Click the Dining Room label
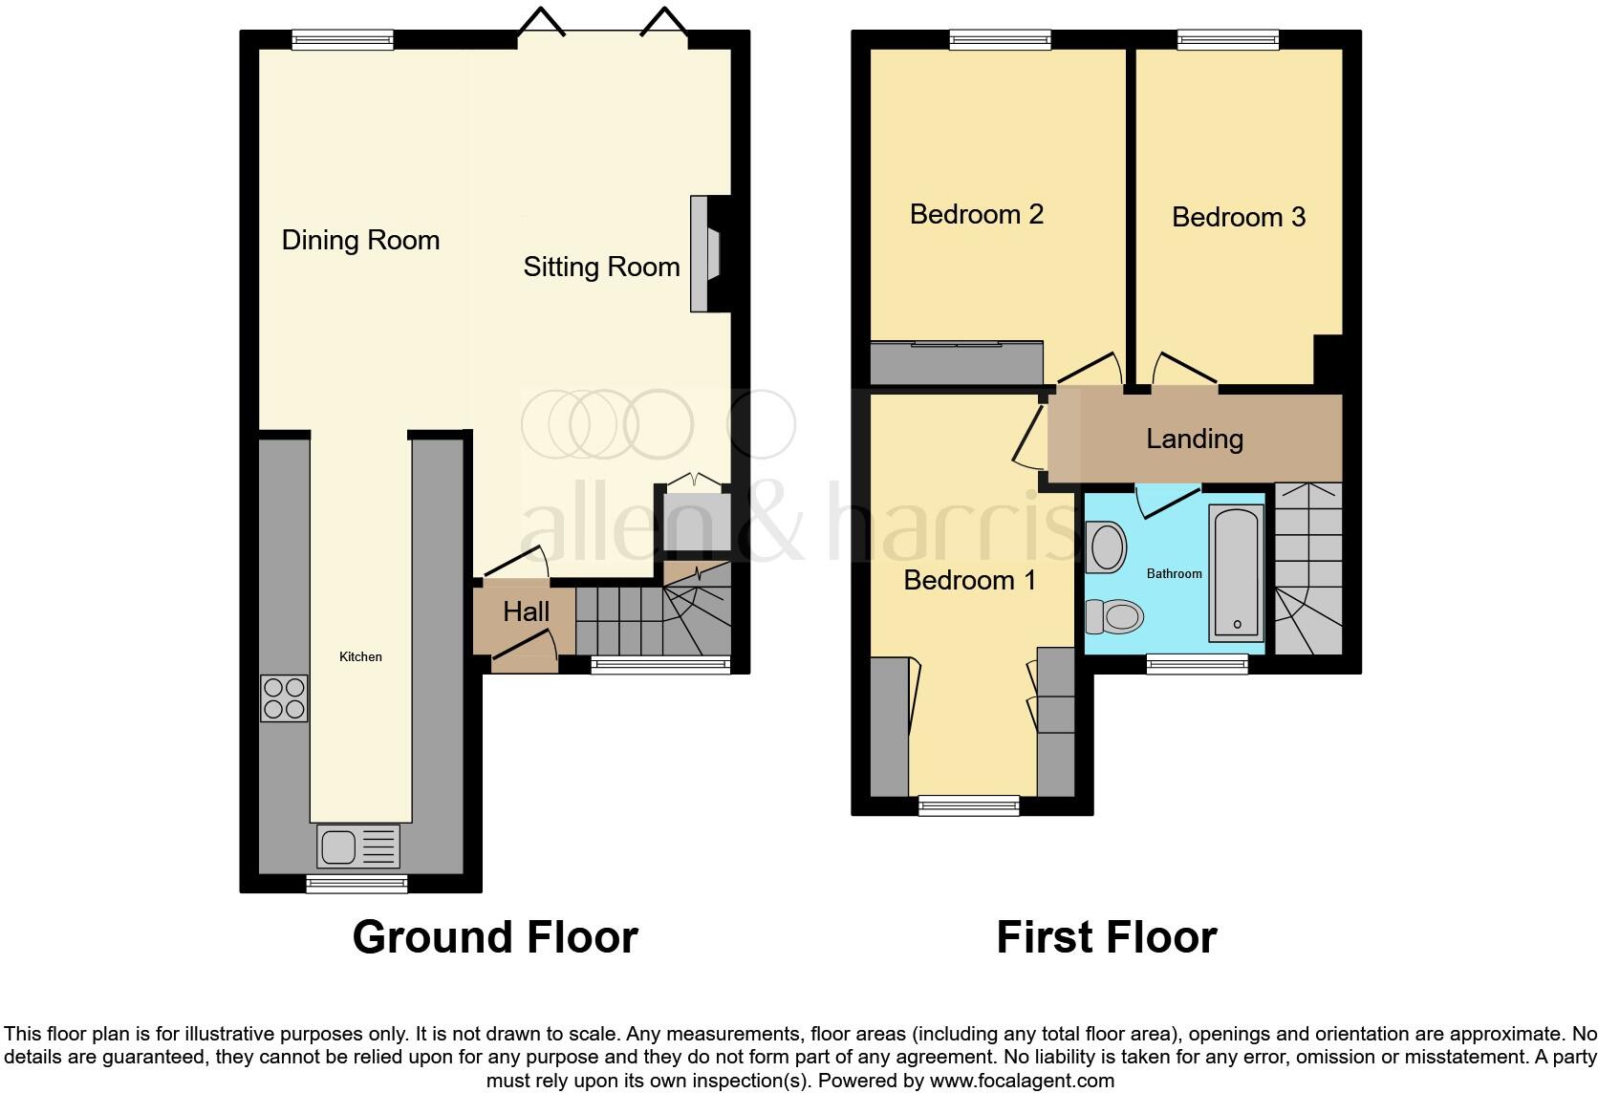click(x=360, y=240)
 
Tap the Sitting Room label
click(x=601, y=267)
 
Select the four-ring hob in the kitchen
click(x=284, y=697)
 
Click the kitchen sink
click(x=358, y=846)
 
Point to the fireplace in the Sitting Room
click(x=705, y=254)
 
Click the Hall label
click(x=526, y=611)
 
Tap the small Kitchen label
click(x=360, y=656)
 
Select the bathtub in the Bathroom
click(x=1237, y=572)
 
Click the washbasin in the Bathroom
click(x=1106, y=546)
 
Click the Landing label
click(x=1194, y=439)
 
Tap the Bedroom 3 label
click(x=1238, y=217)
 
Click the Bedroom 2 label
click(x=976, y=214)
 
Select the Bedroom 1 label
click(x=969, y=580)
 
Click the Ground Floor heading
click(x=495, y=937)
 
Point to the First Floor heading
click(x=1106, y=937)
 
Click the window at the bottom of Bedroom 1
click(x=968, y=805)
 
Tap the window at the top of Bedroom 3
click(x=1227, y=39)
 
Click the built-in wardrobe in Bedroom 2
click(x=956, y=362)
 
